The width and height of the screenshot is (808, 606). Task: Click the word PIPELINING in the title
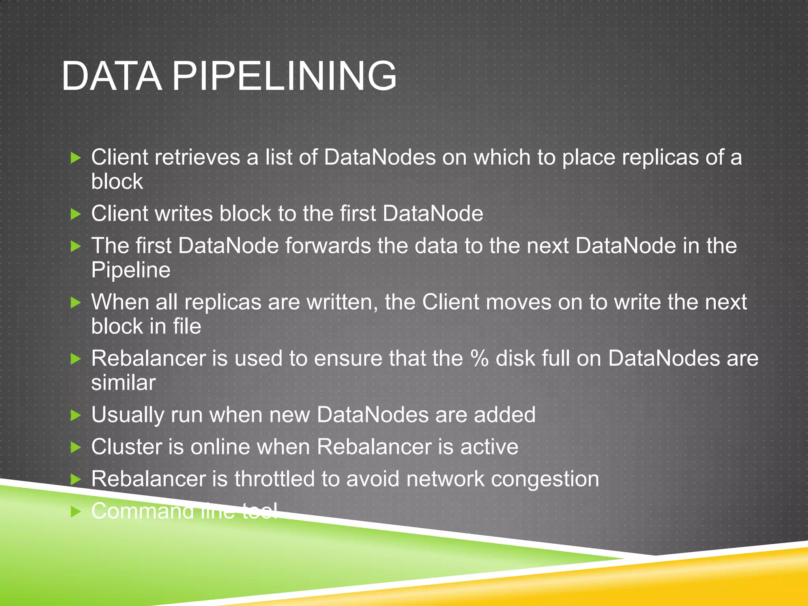284,76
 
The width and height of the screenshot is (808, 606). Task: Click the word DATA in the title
112,76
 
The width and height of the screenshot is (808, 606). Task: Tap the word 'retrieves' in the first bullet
197,157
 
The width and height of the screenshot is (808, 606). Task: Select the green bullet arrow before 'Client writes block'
75,214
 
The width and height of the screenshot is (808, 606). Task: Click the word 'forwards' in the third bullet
328,246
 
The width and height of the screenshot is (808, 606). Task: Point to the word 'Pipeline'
131,270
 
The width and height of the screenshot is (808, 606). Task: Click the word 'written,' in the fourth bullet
342,302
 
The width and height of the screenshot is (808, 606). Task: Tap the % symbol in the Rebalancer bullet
479,358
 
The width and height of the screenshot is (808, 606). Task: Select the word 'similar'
123,383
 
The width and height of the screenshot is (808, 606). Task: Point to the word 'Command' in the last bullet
142,511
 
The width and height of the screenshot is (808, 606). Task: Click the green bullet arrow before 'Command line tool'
75,512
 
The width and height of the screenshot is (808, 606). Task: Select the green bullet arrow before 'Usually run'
75,415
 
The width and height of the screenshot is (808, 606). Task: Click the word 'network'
445,479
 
